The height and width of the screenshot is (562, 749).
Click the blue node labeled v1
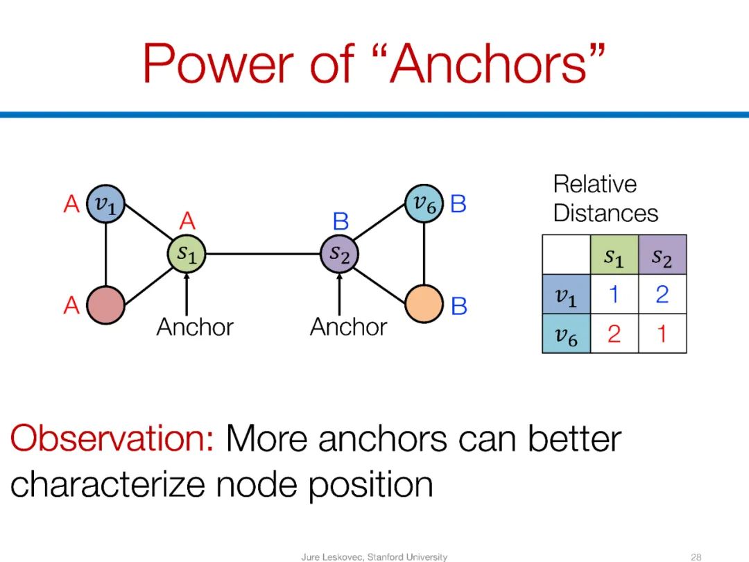105,205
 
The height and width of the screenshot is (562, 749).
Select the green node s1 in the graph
187,254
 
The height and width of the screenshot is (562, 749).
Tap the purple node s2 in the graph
339,254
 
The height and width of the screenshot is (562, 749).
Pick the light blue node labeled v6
423,204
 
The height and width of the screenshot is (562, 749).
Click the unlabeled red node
105,304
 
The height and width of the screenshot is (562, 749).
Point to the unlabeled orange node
423,304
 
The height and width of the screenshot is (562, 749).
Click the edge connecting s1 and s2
263,254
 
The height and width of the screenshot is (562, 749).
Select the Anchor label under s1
195,327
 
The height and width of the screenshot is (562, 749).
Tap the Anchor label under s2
348,327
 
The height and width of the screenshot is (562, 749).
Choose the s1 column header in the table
614,255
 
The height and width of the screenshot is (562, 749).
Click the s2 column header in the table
662,255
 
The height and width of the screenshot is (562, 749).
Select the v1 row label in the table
567,295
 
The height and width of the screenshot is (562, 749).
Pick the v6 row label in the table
567,334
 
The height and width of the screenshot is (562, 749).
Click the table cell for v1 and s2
662,295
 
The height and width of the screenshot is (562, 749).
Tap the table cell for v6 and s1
614,334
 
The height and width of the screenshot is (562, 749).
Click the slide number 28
697,556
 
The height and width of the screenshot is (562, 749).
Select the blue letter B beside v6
458,204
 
